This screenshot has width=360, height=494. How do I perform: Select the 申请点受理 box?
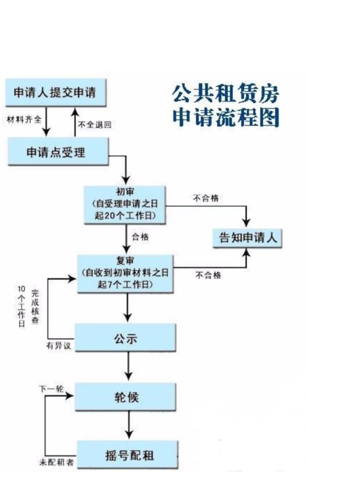pos(58,152)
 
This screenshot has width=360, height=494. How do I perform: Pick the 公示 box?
pos(125,338)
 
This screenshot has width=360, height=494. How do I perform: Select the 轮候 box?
pos(125,398)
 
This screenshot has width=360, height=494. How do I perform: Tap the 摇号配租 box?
pos(125,453)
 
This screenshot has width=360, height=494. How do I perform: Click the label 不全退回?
pos(94,124)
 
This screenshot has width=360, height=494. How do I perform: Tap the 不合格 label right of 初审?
pos(206,198)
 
